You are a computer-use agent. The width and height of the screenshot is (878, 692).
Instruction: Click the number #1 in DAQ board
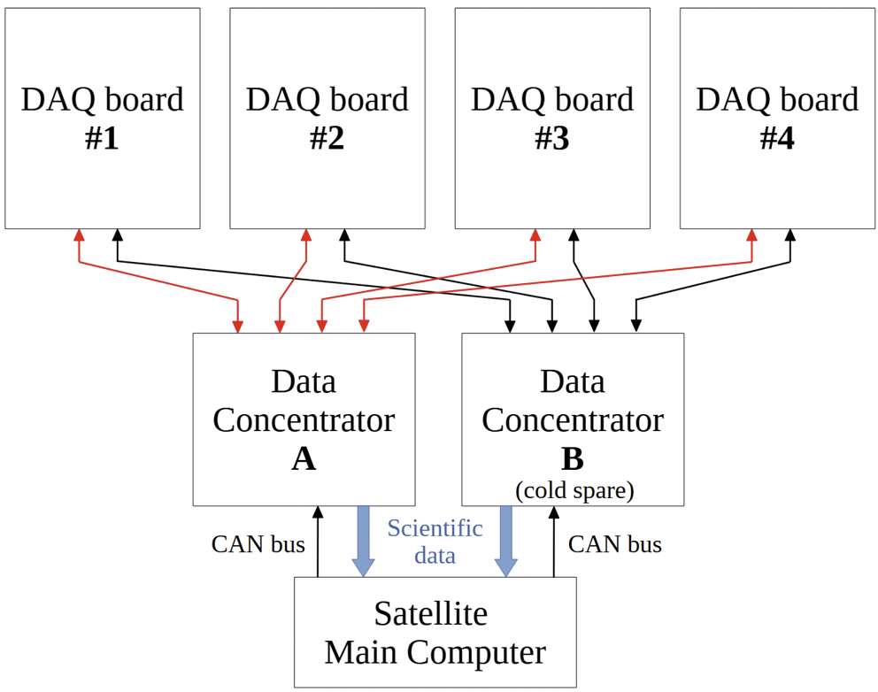point(102,138)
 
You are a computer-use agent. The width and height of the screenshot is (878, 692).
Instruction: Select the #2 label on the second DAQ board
point(327,138)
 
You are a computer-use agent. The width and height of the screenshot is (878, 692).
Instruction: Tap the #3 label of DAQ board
point(552,138)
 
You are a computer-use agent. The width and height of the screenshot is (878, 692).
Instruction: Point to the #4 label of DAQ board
point(777,138)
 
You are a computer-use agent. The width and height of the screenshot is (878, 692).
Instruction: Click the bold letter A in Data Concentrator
point(304,459)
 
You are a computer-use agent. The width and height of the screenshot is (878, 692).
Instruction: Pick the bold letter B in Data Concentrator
point(573,459)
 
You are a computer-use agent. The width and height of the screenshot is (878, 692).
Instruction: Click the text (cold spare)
point(574,490)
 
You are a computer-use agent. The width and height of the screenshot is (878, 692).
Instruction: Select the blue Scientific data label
point(435,542)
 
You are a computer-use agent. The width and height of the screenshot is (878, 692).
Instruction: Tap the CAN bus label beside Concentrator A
point(258,544)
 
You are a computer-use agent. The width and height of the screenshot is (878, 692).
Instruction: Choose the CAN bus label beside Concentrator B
point(615,544)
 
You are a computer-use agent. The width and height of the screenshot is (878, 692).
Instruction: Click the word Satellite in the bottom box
point(431,613)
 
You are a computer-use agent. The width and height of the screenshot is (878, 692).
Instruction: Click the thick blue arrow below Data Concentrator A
point(364,541)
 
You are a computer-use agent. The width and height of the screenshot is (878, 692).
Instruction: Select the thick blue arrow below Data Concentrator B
point(506,541)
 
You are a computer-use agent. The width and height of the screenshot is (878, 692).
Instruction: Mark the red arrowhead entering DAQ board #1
point(80,235)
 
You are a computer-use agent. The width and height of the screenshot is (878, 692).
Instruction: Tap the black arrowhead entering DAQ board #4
point(790,235)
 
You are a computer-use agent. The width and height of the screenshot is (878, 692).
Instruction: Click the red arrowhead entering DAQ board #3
point(535,235)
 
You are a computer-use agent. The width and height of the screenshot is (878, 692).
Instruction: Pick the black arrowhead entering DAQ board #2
point(344,235)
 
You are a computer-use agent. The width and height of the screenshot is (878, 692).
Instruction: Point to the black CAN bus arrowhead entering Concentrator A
point(318,512)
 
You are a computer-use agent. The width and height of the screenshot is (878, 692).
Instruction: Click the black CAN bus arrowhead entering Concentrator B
point(554,512)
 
